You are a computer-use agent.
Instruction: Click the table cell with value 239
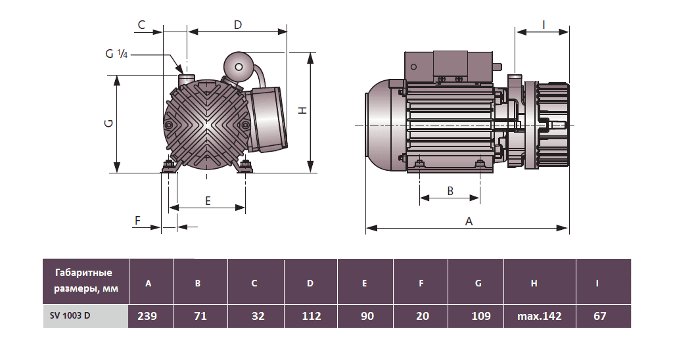[x=147, y=316]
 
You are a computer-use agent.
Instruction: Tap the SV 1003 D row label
[x=70, y=315]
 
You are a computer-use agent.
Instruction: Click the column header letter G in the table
[x=478, y=283]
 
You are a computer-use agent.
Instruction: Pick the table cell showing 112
[x=311, y=316]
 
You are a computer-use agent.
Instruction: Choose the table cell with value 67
[x=599, y=316]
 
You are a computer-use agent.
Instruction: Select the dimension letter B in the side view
[x=450, y=191]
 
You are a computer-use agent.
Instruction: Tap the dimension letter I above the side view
[x=544, y=24]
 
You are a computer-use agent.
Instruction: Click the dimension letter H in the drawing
[x=302, y=110]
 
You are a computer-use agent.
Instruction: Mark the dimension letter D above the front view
[x=238, y=25]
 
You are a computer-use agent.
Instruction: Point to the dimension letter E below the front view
[x=208, y=201]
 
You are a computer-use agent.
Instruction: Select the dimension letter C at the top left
[x=141, y=25]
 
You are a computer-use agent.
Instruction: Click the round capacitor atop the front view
[x=238, y=65]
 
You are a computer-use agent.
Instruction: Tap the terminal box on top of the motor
[x=450, y=66]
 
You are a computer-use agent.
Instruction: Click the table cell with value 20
[x=423, y=316]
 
